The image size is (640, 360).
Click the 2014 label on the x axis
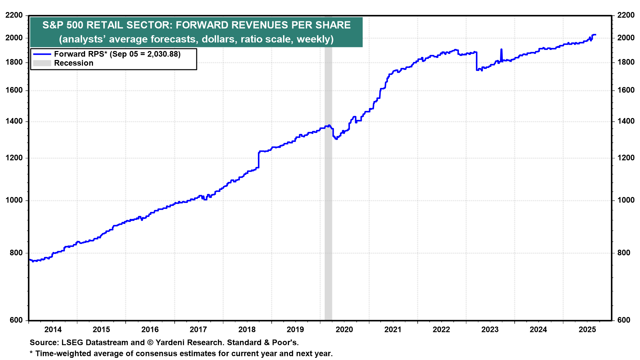[53, 330]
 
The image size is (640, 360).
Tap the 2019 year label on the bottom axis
[295, 330]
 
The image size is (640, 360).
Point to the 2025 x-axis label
[587, 330]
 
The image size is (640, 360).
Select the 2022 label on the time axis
[441, 330]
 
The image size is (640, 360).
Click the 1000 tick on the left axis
[14, 200]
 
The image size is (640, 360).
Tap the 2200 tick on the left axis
[14, 15]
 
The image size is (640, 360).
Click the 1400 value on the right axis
[626, 121]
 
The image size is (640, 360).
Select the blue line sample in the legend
[42, 54]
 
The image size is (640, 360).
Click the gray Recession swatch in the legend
[42, 63]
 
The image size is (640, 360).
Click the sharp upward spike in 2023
[501, 50]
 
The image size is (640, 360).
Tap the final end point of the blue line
[595, 35]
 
